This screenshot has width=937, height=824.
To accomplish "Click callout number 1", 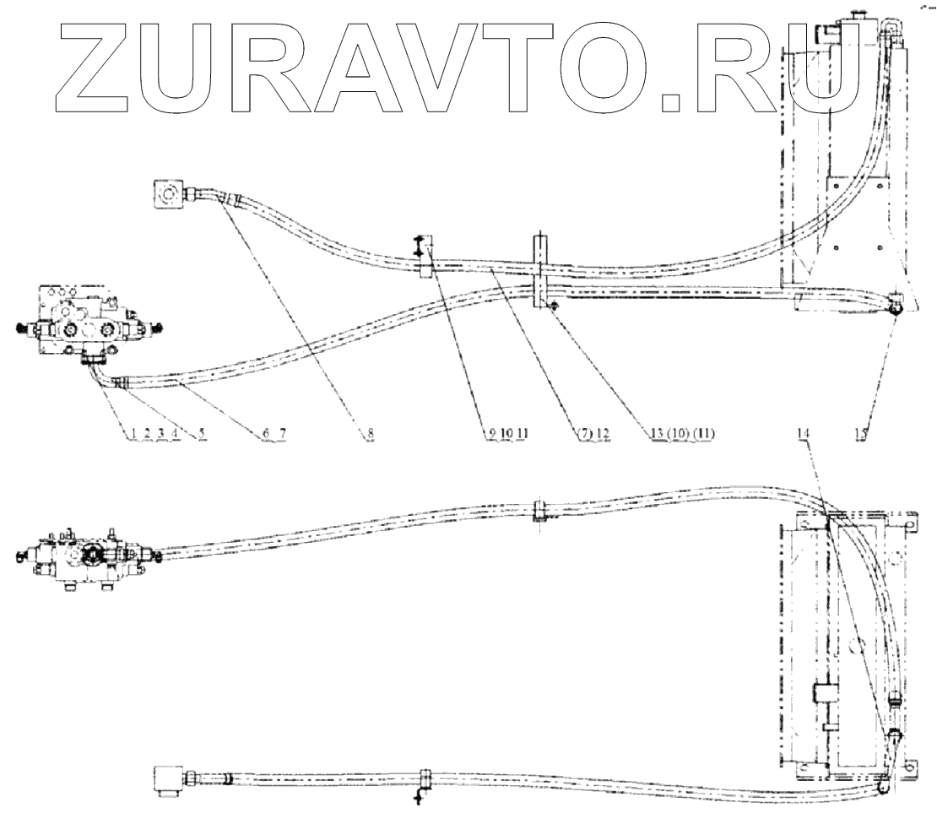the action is pos(132,433).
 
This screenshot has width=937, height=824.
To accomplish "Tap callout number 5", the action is pos(202,433).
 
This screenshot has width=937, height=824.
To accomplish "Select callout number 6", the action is pos(265,433).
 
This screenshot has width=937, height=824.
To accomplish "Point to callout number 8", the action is pos(370,433).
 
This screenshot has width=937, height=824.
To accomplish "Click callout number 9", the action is pos(490,433).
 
